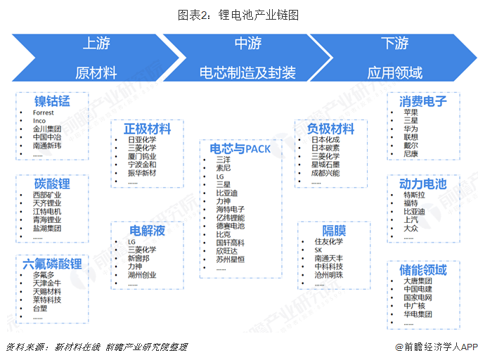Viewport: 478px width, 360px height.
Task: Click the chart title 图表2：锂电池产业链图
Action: click(x=238, y=15)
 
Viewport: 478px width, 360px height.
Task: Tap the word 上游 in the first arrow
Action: click(x=96, y=43)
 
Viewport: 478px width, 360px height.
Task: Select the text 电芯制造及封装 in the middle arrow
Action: click(x=247, y=73)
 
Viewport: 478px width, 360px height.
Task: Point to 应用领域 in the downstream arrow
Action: click(x=395, y=73)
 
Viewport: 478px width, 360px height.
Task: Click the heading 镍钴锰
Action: click(x=52, y=101)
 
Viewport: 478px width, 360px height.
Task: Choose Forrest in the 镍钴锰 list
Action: click(x=44, y=112)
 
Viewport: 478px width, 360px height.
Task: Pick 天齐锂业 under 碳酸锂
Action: click(x=47, y=203)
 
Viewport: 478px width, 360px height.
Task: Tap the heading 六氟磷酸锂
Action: click(x=52, y=264)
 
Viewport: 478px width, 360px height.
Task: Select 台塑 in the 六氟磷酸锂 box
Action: click(x=40, y=308)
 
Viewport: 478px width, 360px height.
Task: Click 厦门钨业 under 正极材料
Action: click(x=142, y=156)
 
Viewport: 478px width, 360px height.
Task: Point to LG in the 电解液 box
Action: click(x=131, y=242)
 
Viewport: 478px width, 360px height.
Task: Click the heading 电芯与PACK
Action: click(x=240, y=149)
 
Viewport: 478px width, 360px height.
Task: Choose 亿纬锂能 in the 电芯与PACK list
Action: click(x=231, y=218)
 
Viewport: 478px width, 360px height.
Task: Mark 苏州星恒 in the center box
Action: click(x=231, y=259)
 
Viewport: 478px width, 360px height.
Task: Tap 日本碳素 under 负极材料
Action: click(x=325, y=148)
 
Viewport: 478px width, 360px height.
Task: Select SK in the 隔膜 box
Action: click(x=318, y=250)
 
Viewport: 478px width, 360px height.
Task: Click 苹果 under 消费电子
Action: click(x=411, y=112)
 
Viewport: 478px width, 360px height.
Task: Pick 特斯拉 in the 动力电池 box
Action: click(x=414, y=195)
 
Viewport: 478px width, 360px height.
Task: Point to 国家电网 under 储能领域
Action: click(x=418, y=297)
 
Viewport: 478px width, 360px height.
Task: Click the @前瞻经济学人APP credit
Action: click(x=437, y=347)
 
